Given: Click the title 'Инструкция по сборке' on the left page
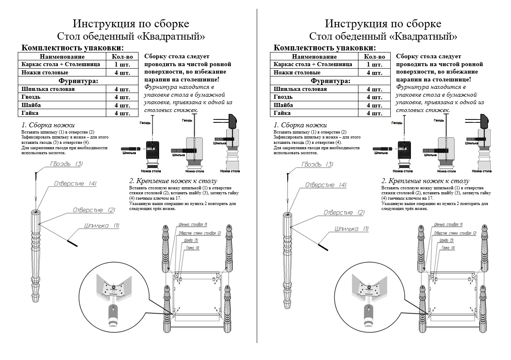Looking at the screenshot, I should pos(131,23).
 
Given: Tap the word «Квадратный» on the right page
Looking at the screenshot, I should pos(423,36).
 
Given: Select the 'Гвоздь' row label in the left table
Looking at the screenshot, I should pos(31,97).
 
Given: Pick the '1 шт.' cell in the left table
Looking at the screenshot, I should pos(122,64).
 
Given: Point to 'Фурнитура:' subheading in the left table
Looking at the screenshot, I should pos(79,81).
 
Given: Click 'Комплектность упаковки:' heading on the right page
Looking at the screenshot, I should pos(325,48).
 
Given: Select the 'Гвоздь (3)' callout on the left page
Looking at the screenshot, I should pos(67,164).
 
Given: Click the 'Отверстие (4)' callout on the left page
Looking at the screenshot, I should pos(75,184).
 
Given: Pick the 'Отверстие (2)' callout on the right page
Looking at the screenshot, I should pos(344,212).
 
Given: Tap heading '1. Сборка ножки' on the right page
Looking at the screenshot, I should pos(300,125).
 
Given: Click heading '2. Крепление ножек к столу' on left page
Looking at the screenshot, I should pos(173,181).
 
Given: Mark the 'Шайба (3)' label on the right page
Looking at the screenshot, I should pos(446,240).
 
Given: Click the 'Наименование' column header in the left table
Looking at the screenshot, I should pos(62,57).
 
